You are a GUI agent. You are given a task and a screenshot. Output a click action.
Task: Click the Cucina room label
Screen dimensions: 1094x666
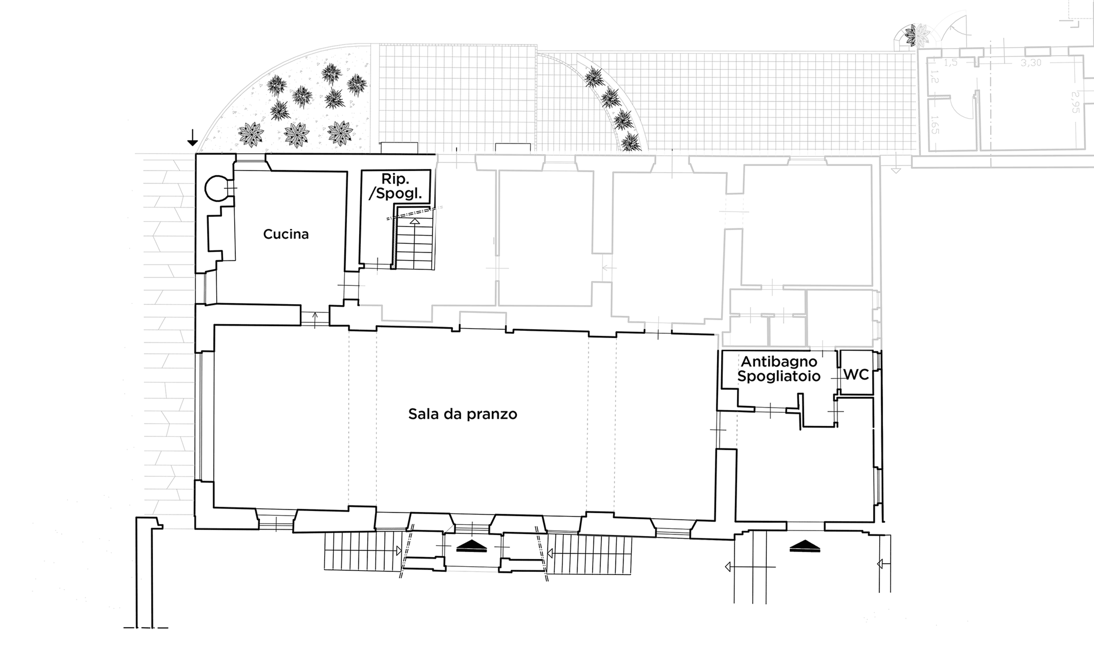click(286, 234)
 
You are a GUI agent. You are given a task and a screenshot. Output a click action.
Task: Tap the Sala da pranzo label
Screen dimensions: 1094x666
click(463, 414)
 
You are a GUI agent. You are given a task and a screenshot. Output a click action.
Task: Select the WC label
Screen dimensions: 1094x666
click(856, 375)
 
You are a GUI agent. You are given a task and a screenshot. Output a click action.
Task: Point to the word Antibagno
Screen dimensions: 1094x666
click(779, 361)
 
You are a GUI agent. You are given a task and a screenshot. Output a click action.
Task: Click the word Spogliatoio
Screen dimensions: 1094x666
click(779, 376)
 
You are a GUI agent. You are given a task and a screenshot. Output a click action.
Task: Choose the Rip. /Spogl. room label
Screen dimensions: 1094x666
click(395, 186)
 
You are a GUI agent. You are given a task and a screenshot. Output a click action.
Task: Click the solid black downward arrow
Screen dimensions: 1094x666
click(192, 137)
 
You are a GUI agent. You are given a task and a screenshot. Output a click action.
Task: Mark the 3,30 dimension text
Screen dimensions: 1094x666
click(1031, 63)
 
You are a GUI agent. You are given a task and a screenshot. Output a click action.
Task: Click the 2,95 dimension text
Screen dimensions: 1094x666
click(1075, 102)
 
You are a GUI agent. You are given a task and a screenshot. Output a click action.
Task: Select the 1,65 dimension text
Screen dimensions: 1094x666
click(934, 125)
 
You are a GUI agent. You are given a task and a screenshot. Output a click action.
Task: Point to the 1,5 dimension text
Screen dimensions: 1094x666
click(950, 63)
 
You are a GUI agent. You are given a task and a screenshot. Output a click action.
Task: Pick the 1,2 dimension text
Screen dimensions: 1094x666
click(934, 77)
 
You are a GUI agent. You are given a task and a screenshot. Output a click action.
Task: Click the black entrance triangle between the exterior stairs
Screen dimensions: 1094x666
click(472, 546)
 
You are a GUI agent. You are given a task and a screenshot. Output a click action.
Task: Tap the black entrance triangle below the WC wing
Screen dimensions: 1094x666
click(805, 546)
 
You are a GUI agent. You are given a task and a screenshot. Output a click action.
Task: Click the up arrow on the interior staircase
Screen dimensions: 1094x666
click(415, 221)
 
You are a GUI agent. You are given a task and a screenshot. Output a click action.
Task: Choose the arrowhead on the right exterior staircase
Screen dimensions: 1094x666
click(550, 554)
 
